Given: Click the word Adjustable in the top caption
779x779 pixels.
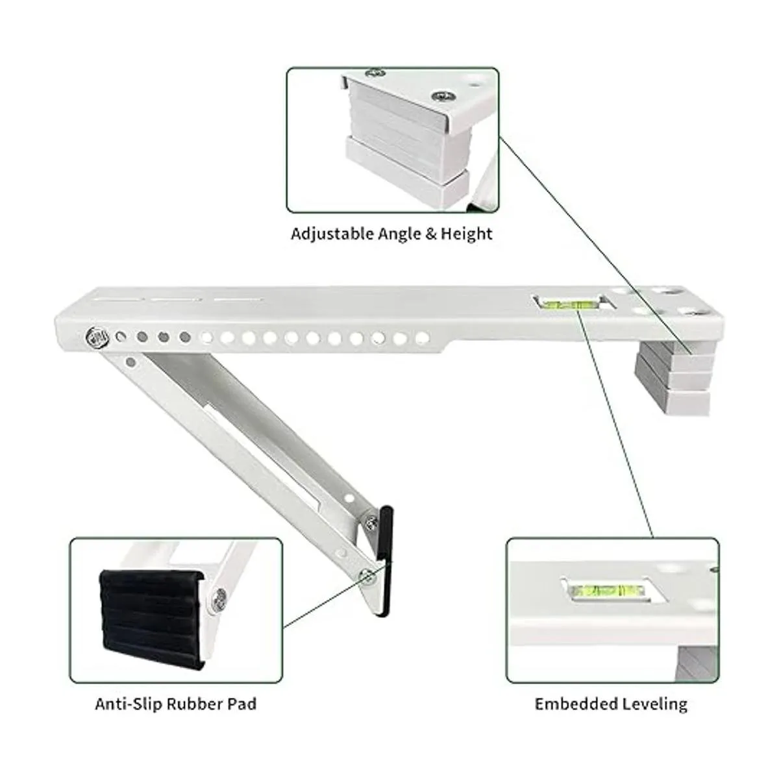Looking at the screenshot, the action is tap(332, 234).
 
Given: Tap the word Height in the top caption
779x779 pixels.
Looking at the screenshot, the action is tap(467, 234).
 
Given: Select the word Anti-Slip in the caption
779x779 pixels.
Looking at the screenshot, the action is tap(129, 704).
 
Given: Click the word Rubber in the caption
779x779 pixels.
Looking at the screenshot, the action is tap(195, 704).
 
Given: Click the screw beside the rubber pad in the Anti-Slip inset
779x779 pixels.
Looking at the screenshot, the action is tap(220, 599).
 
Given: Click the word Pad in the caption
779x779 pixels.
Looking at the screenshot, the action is tap(241, 704).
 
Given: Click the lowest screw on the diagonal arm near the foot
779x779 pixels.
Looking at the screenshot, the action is tap(367, 576).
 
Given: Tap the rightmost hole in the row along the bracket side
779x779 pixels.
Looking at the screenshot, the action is tap(422, 338).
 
